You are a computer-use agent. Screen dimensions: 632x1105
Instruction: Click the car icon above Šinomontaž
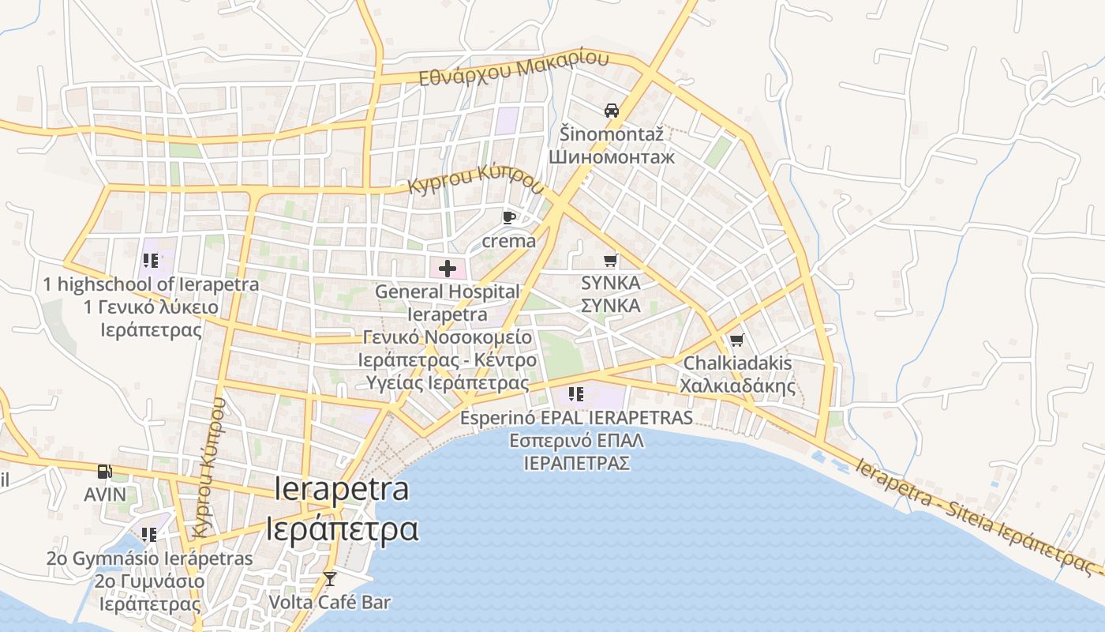pos(611,111)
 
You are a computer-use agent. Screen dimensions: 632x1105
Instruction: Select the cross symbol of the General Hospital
pos(448,269)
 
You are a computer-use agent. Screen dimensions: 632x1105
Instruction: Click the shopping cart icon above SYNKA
pos(610,260)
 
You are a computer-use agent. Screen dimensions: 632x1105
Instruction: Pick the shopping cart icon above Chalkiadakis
pos(736,340)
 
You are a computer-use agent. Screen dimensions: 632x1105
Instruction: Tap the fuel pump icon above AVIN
pos(104,472)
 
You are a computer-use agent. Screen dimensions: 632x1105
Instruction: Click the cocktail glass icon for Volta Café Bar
pos(330,579)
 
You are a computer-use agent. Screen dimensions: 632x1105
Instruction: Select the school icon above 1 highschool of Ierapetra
pos(151,261)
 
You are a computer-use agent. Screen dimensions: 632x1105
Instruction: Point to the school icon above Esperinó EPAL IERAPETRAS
pos(575,393)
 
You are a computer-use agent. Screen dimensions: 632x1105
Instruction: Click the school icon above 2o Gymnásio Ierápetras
pos(149,535)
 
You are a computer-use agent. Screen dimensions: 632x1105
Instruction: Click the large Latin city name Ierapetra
pos(343,489)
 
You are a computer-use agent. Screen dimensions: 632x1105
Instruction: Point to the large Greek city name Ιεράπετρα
pos(342,529)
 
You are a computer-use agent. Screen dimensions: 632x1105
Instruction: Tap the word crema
pos(508,241)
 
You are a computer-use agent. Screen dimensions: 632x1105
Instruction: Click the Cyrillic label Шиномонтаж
pos(612,156)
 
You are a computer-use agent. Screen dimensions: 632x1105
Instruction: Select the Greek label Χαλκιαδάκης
pos(737,386)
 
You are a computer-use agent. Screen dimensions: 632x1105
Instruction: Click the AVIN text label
pos(105,495)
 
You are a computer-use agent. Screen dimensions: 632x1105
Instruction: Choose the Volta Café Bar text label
pos(330,602)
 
